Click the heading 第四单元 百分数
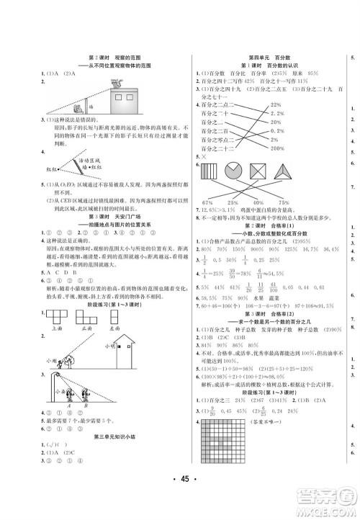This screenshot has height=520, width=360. [x=264, y=57]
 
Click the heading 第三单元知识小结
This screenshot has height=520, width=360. [x=107, y=456]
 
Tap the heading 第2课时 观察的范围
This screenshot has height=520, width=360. [x=107, y=56]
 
